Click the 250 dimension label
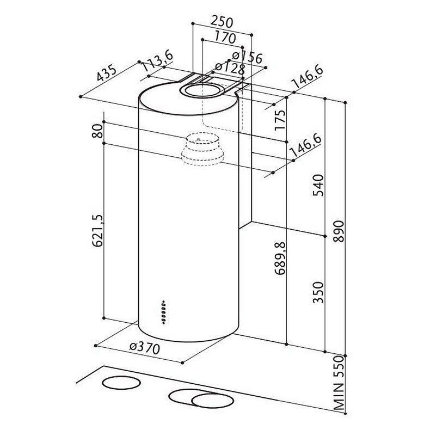tap(222, 22)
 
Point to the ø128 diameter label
tap(229, 68)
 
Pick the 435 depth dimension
tap(108, 73)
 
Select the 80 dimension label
tap(97, 131)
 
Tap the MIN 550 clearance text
tap(339, 384)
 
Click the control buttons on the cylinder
tap(163, 311)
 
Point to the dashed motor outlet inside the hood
tap(202, 149)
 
